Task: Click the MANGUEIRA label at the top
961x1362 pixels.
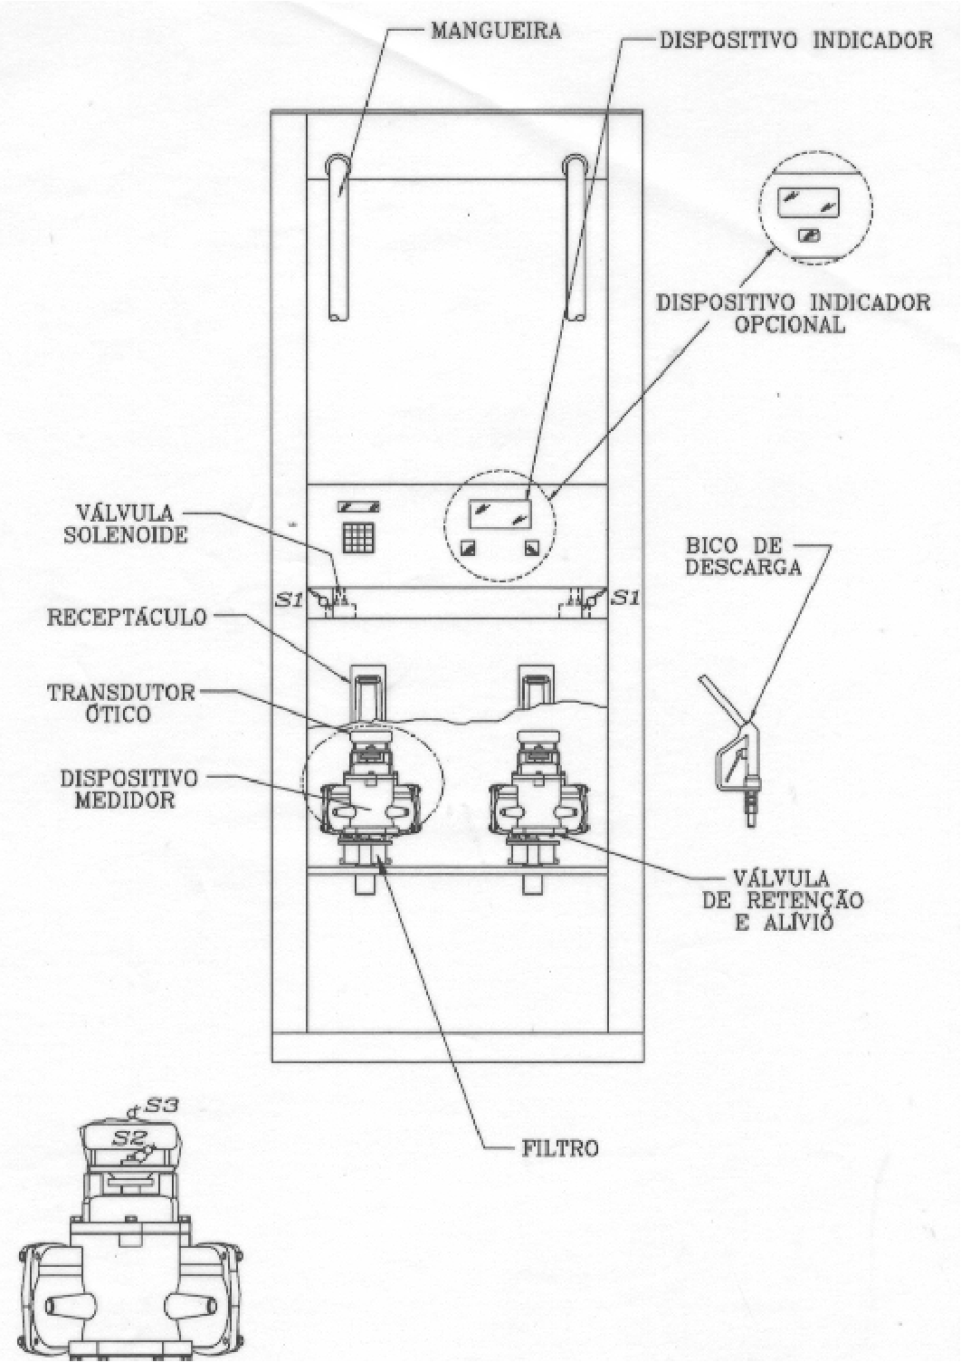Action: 496,32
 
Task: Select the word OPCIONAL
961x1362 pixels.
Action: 790,324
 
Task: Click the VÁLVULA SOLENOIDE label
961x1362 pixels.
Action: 127,524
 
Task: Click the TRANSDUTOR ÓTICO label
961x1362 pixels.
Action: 121,703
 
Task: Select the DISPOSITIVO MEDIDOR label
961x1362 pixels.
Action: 128,789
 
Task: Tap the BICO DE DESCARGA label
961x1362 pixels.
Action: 744,556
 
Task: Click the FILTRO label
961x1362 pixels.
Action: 560,1148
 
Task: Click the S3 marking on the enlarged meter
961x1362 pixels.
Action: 161,1104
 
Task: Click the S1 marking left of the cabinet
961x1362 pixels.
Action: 289,599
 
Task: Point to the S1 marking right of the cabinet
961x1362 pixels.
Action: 625,599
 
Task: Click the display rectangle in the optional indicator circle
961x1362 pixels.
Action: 808,203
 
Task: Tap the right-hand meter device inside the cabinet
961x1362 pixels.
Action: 538,798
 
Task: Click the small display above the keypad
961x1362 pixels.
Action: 358,505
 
